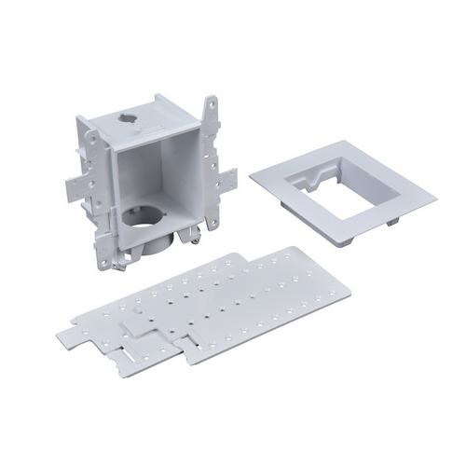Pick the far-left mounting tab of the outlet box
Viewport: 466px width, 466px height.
[77, 183]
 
